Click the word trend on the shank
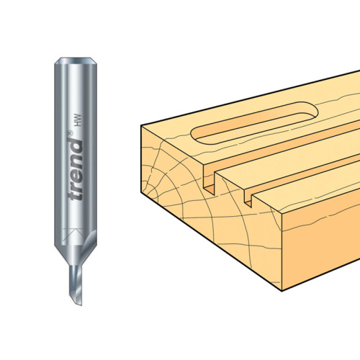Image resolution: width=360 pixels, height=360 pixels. [x=76, y=170]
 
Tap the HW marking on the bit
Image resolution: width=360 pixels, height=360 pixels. [x=78, y=120]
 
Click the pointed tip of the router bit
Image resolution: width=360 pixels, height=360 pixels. [x=81, y=305]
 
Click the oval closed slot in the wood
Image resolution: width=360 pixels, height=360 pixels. [x=254, y=123]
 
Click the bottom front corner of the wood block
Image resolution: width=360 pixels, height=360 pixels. [x=282, y=291]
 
